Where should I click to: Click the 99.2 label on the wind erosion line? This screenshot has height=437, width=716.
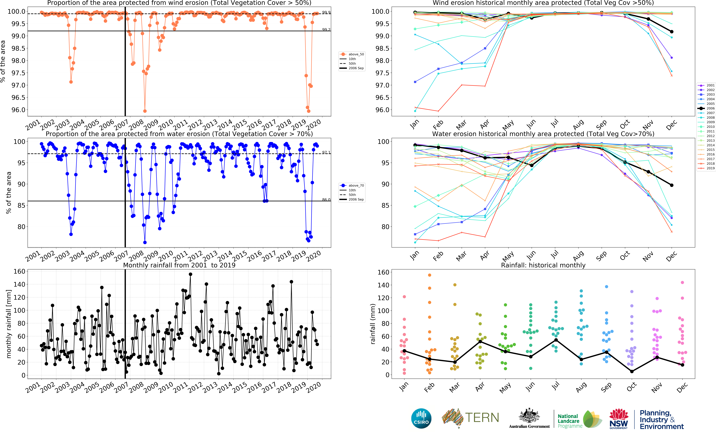[326, 30]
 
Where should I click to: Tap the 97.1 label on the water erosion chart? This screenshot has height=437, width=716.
[326, 152]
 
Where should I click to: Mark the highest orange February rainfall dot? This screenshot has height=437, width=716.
[429, 275]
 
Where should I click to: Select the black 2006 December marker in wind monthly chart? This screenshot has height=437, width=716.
[672, 32]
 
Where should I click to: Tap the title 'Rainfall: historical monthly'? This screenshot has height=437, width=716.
[543, 265]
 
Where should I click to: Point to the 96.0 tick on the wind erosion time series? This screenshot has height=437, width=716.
[18, 110]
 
